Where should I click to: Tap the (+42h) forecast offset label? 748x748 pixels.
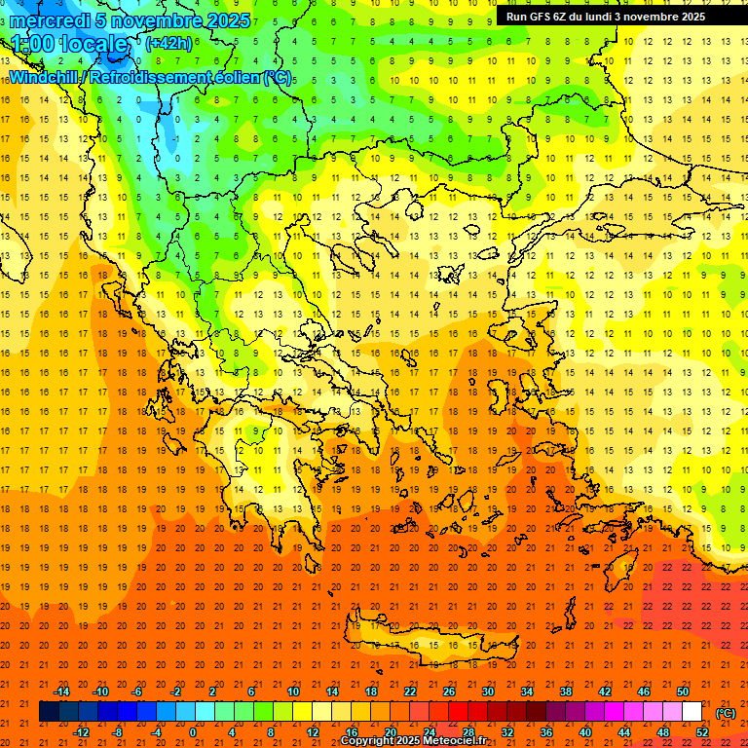click(x=168, y=43)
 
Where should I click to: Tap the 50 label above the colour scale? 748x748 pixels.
click(x=682, y=692)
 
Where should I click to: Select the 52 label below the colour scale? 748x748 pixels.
click(x=702, y=732)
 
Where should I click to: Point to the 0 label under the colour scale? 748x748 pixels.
click(x=192, y=732)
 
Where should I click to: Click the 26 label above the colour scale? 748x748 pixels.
click(x=449, y=692)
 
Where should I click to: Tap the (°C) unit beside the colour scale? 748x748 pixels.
click(x=726, y=713)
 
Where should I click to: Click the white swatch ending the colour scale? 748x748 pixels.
click(x=692, y=712)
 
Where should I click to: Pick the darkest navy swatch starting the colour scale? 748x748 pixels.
click(x=49, y=712)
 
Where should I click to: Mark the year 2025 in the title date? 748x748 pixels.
click(x=226, y=20)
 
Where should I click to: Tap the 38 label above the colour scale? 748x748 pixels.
click(x=565, y=692)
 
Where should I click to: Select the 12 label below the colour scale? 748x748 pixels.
click(x=313, y=732)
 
